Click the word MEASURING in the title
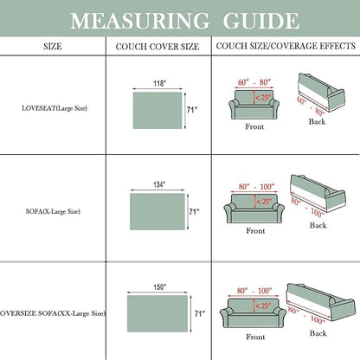click(x=140, y=21)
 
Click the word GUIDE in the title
click(x=261, y=21)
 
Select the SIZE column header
click(x=53, y=47)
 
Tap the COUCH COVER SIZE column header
click(x=157, y=47)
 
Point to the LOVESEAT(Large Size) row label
click(x=55, y=108)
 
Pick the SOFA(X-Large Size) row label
click(x=53, y=211)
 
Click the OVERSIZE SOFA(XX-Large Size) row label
click(x=53, y=313)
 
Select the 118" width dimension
click(x=160, y=84)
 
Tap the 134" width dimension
click(x=159, y=184)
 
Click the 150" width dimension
click(x=160, y=287)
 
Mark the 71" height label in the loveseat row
click(x=192, y=110)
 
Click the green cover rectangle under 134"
click(x=157, y=212)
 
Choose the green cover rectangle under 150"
click(x=157, y=313)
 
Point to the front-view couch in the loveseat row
click(x=254, y=105)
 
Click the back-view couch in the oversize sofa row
click(x=320, y=302)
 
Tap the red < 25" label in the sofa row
click(x=264, y=202)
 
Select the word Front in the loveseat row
click(x=254, y=126)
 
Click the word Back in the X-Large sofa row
click(x=318, y=225)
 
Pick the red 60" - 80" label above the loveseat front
click(x=254, y=82)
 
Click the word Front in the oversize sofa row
click(x=255, y=337)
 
